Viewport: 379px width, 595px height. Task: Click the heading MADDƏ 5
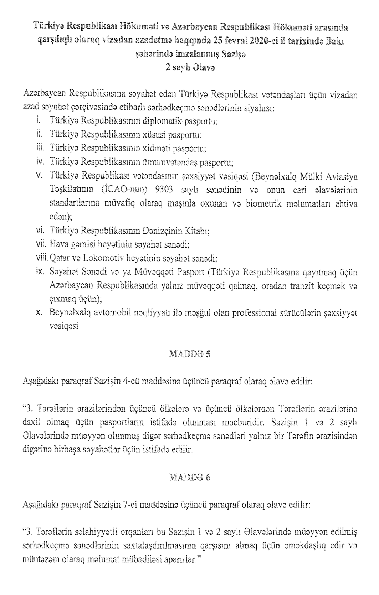[189, 354]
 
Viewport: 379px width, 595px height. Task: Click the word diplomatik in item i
[160, 121]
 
